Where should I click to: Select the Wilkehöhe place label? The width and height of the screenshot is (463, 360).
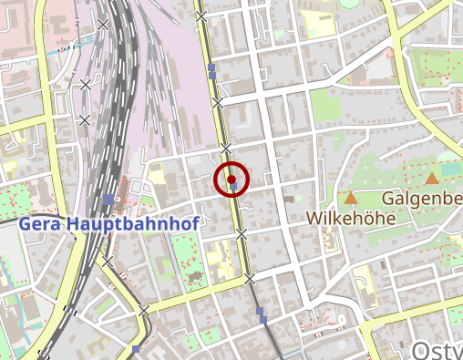pyautogui.click(x=350, y=219)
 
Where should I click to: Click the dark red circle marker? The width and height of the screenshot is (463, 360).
pyautogui.click(x=231, y=179)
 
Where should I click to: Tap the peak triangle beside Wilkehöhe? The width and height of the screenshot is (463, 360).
pyautogui.click(x=351, y=197)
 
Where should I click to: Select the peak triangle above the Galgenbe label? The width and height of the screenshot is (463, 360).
pyautogui.click(x=431, y=179)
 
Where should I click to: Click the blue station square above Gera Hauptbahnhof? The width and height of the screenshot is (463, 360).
pyautogui.click(x=108, y=199)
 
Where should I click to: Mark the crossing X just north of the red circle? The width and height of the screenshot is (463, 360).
pyautogui.click(x=226, y=147)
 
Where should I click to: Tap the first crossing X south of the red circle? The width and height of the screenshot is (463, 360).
pyautogui.click(x=242, y=234)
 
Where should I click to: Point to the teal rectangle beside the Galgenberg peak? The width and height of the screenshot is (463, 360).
pyautogui.click(x=451, y=169)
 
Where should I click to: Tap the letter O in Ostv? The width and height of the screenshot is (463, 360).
pyautogui.click(x=422, y=351)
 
